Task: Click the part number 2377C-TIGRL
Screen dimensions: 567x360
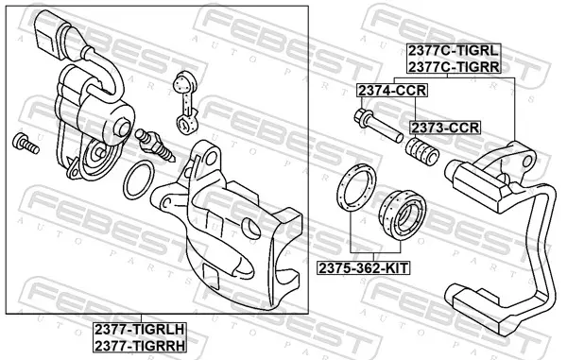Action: click(x=454, y=51)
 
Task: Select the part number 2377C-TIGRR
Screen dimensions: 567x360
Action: click(x=454, y=66)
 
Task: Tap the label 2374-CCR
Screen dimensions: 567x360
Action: click(x=392, y=91)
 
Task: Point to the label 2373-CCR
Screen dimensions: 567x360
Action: click(x=445, y=128)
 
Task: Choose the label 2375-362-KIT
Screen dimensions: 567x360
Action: click(x=363, y=268)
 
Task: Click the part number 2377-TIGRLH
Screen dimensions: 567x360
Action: click(x=140, y=330)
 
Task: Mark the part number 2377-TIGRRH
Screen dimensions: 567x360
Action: click(x=140, y=346)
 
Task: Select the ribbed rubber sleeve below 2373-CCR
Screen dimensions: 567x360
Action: click(x=421, y=151)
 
